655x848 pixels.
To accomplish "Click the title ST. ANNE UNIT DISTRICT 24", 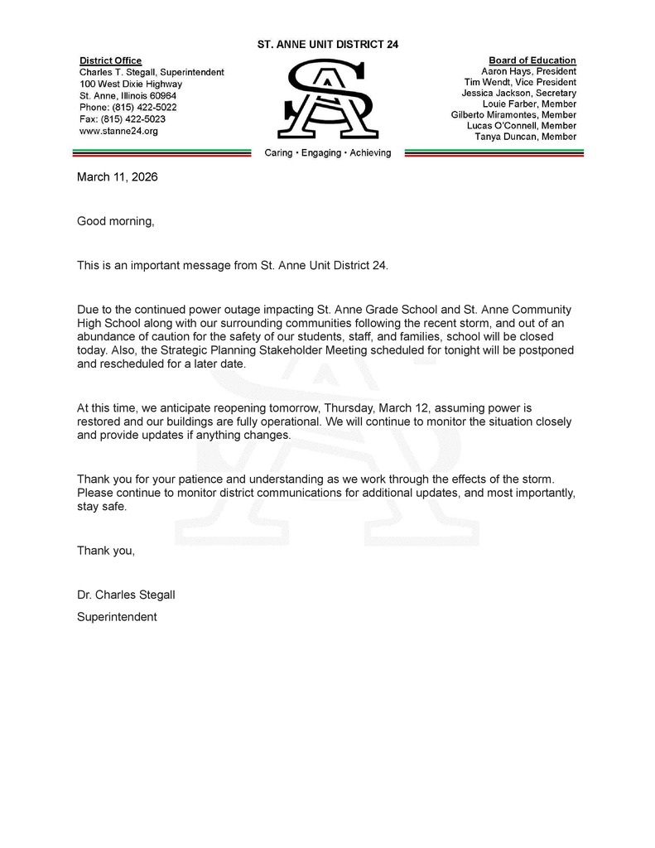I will (328, 44).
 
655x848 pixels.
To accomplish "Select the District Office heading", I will (110, 60).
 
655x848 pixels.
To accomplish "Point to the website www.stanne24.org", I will (118, 131).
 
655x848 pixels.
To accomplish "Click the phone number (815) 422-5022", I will (128, 108).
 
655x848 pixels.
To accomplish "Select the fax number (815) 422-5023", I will (123, 119).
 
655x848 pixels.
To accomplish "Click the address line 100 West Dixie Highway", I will (131, 84).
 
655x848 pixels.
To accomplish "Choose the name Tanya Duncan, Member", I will (526, 137).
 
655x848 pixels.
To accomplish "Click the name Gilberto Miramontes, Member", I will (513, 115).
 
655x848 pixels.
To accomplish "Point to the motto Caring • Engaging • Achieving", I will (328, 153).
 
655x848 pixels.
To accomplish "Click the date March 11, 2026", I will (117, 177).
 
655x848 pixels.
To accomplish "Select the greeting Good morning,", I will (116, 221).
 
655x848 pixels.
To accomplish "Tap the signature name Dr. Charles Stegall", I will (126, 595).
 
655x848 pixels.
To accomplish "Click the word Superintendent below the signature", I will (117, 617).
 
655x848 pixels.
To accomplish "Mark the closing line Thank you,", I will (105, 551).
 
